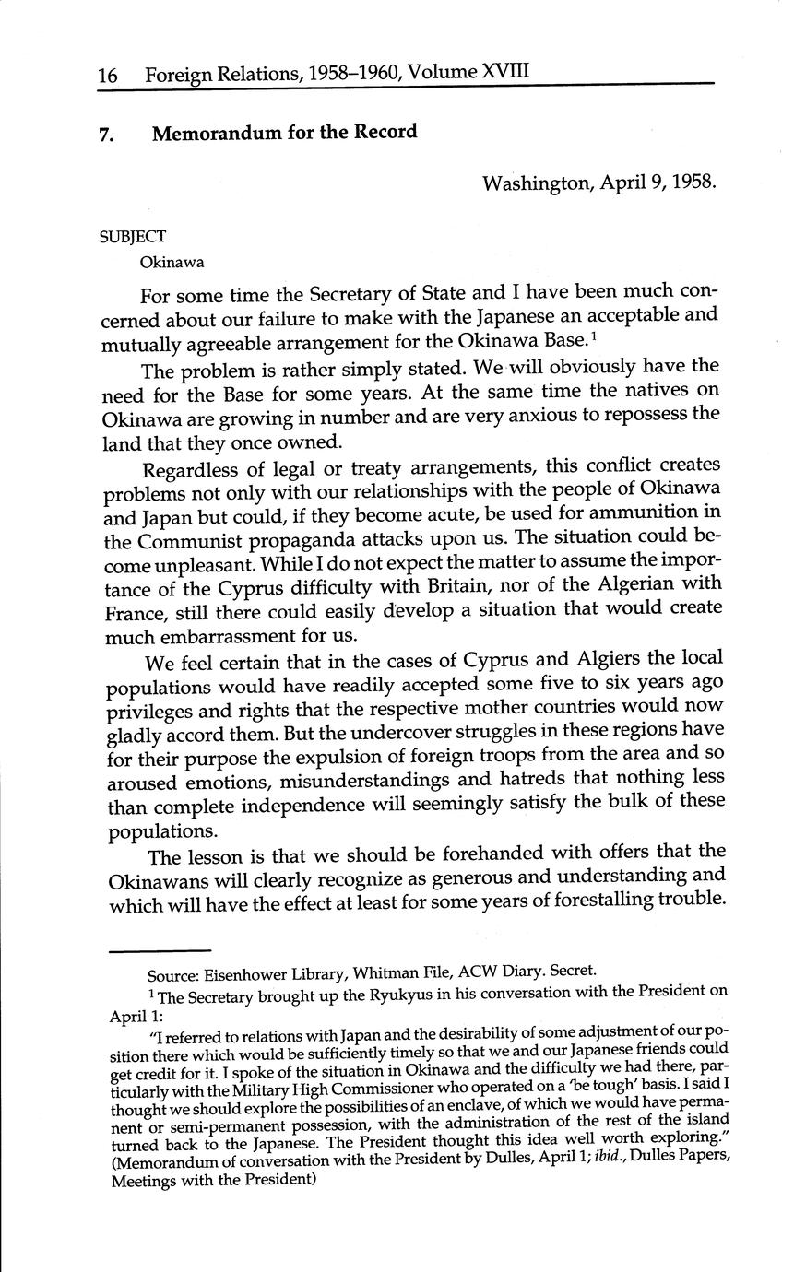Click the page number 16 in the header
coord(108,75)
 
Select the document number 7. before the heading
coord(107,134)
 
